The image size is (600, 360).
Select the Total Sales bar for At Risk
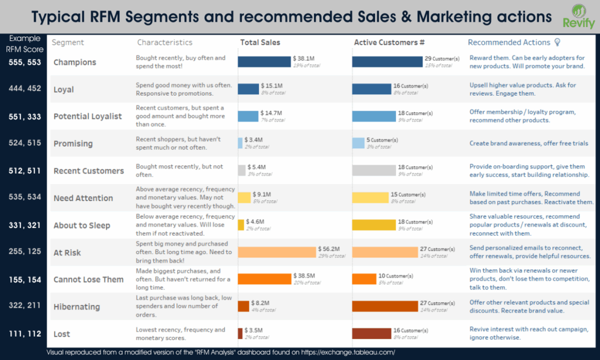click(276, 252)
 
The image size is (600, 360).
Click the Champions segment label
click(74, 62)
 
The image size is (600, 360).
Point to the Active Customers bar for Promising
click(358, 143)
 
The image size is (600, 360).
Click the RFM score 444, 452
click(24, 89)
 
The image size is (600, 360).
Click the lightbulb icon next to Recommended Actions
click(557, 42)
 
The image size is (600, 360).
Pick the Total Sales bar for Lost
click(240, 333)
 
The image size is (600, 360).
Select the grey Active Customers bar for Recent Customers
click(374, 171)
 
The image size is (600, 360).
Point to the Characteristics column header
click(165, 42)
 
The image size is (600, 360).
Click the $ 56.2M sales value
click(329, 249)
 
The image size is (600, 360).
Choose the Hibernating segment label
click(77, 307)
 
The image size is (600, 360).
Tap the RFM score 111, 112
click(24, 334)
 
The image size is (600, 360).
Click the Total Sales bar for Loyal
click(248, 89)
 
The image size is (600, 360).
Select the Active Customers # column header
click(389, 42)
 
